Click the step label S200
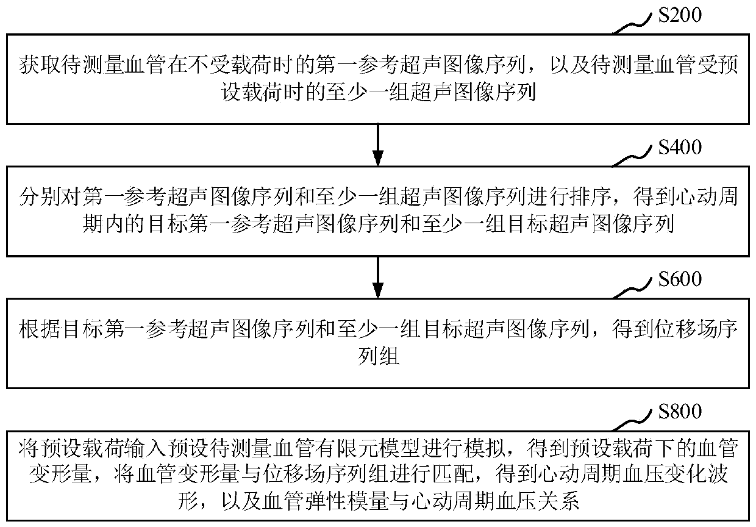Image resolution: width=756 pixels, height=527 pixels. pyautogui.click(x=680, y=14)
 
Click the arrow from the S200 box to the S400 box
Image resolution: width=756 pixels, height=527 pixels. pyautogui.click(x=378, y=144)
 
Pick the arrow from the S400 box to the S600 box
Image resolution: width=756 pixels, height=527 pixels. pyautogui.click(x=378, y=276)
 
